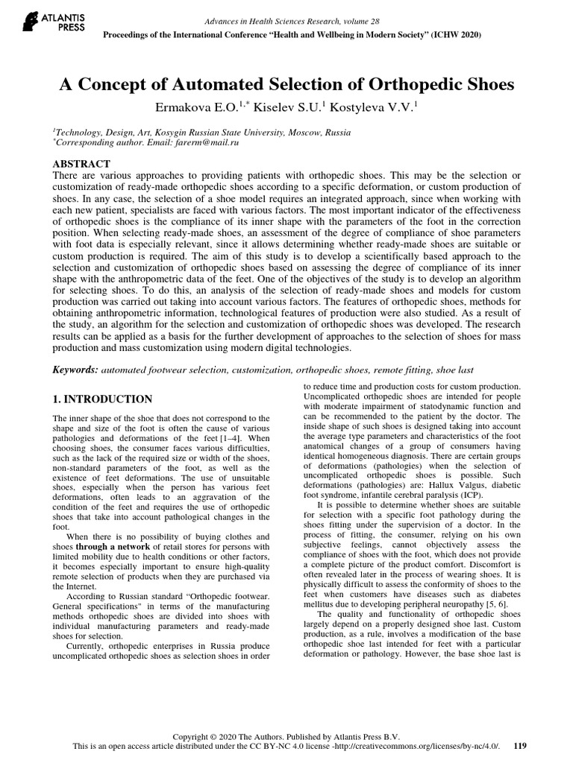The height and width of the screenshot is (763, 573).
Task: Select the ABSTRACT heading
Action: tap(82, 164)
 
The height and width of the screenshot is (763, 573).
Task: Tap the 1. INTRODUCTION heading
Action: tap(102, 399)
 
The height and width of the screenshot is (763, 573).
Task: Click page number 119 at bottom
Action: tap(522, 745)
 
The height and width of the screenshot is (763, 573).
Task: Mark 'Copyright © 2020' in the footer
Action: tap(207, 734)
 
